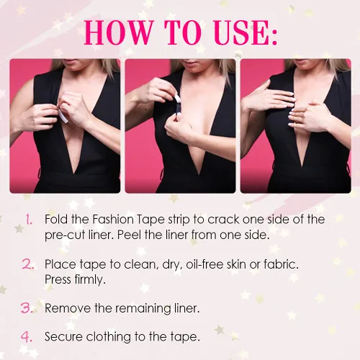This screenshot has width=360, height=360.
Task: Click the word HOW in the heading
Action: (119, 32)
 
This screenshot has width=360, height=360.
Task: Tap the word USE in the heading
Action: (241, 32)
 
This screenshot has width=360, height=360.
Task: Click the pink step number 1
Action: (29, 220)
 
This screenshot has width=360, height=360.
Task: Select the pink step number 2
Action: (28, 264)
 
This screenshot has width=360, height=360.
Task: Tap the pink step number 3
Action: (27, 308)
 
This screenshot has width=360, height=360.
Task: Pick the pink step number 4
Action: (27, 336)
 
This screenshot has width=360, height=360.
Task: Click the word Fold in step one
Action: (56, 220)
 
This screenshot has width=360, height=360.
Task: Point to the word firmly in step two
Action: (90, 280)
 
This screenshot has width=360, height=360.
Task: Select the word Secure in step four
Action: (63, 337)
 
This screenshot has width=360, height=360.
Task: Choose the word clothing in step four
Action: (109, 337)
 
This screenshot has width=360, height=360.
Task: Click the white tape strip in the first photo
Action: (63, 116)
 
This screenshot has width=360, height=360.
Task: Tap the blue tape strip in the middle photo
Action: (178, 109)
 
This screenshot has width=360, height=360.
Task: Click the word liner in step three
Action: (187, 308)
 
